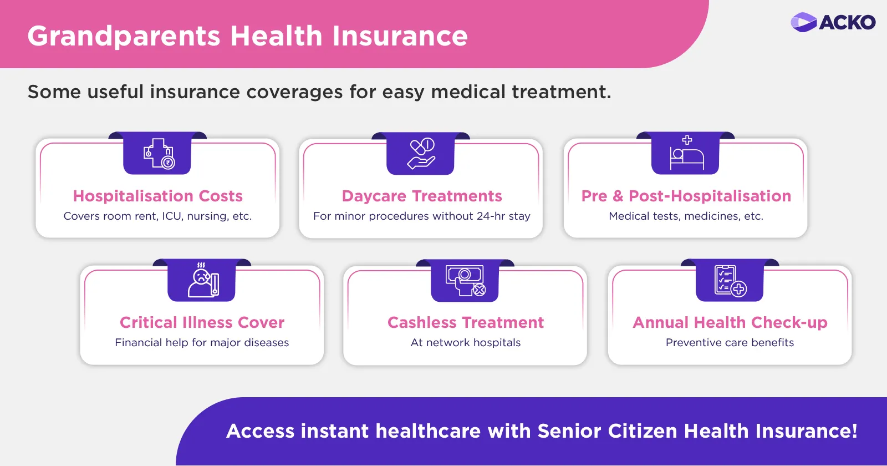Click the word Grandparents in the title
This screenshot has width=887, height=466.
point(124,37)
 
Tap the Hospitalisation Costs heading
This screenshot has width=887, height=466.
point(157,196)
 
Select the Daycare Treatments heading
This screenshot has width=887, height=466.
point(422,196)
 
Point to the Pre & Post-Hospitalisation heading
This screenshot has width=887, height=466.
point(686,196)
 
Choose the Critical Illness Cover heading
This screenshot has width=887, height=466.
point(202,322)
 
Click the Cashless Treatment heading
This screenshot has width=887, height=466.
point(466,322)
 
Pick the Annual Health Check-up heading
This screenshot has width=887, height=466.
point(730,322)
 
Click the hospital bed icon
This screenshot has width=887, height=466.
point(687,153)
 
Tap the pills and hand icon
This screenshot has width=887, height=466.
point(421,154)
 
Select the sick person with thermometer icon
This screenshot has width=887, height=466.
point(203,280)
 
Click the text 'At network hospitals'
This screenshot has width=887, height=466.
point(466,342)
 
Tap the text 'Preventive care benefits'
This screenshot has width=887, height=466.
point(730,342)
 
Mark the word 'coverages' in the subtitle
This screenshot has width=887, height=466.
point(294,92)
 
